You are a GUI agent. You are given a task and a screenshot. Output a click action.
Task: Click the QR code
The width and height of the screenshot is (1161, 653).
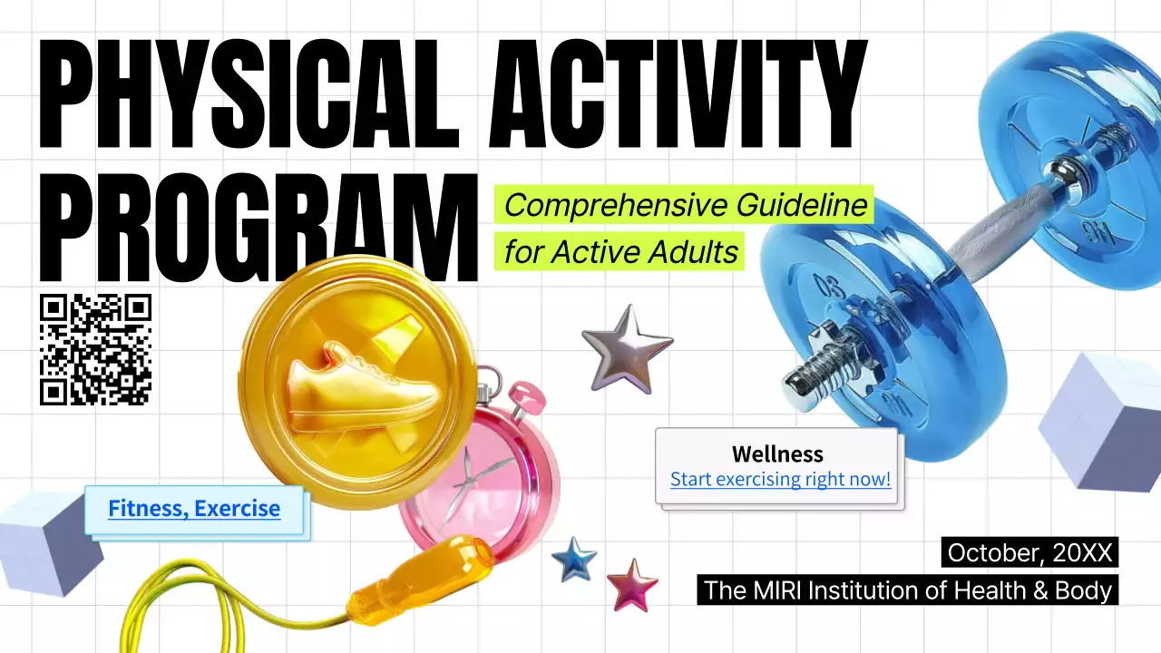tap(95, 349)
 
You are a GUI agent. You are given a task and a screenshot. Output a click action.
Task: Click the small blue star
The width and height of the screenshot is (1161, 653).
tap(574, 559)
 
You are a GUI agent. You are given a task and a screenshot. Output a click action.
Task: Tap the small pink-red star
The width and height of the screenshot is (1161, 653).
tap(632, 584)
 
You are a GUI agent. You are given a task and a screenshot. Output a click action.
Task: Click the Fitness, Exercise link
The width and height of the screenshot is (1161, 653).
tap(194, 509)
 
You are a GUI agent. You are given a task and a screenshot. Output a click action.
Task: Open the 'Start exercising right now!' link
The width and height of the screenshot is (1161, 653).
tap(780, 479)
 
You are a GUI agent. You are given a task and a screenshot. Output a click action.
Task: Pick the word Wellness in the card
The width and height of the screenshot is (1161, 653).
tap(777, 454)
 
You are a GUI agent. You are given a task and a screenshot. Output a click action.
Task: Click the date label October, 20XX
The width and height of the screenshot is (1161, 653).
tap(1029, 552)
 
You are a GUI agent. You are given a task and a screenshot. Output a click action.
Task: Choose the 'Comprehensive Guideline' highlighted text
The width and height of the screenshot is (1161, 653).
tap(685, 205)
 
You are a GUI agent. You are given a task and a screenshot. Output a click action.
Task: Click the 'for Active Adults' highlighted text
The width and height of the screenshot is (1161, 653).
tap(620, 251)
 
